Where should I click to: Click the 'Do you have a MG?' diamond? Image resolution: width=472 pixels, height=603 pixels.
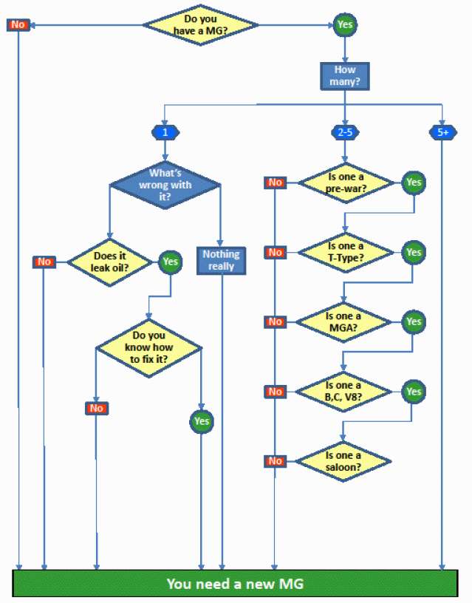200,24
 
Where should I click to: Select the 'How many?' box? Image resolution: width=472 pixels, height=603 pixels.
344,75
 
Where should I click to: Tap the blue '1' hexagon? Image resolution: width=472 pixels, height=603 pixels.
164,133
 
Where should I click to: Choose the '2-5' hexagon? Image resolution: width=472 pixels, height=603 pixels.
344,133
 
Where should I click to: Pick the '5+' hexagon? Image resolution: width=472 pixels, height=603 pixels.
442,133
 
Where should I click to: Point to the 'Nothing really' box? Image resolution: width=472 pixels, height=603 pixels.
222,259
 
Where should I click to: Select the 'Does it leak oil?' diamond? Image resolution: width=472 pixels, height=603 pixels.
110,261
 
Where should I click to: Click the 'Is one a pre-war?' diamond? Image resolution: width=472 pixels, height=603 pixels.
344,182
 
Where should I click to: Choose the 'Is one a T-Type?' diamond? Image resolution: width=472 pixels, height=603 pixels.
344,252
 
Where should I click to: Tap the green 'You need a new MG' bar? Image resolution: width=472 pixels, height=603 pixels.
235,584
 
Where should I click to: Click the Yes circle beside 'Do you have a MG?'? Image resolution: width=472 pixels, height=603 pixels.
345,24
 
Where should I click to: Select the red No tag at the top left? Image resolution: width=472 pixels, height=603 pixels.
18,25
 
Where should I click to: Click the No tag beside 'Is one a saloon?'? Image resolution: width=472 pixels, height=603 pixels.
275,461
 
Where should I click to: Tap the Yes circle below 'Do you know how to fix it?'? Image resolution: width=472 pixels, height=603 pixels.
201,421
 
